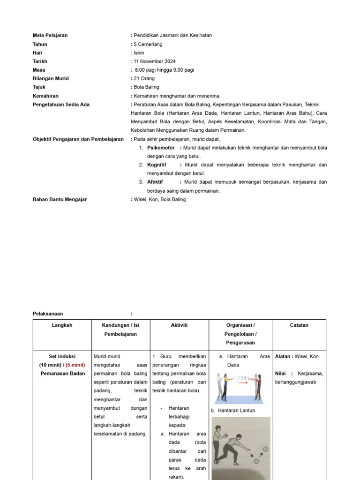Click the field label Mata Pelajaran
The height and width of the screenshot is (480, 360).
[x=50, y=35]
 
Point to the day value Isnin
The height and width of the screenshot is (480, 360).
[x=139, y=53]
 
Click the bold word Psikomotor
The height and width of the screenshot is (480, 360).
[x=161, y=148]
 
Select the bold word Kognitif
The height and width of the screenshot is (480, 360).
[x=157, y=165]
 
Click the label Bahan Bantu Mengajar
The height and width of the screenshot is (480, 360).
[x=60, y=199]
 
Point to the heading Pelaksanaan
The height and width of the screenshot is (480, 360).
[x=48, y=314]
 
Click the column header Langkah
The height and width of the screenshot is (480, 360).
[x=62, y=325]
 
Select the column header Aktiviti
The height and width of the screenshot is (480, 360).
[x=180, y=325]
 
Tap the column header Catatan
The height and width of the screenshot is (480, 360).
[x=299, y=325]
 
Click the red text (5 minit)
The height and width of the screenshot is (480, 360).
[x=75, y=365]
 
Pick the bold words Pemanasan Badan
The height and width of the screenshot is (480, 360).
[x=62, y=374]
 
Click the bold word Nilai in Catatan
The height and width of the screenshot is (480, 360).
[x=280, y=374]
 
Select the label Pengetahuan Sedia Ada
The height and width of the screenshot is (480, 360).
[x=61, y=105]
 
